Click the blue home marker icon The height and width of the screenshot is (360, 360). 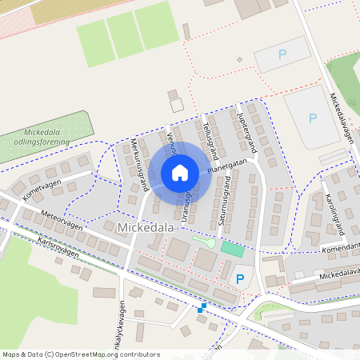point(180,173)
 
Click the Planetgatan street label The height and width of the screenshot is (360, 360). point(226,166)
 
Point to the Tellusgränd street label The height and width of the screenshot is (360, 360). point(210,137)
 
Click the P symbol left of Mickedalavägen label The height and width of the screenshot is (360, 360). point(312,118)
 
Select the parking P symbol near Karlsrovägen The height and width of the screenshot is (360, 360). point(240,279)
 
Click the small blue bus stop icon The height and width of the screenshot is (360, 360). point(202,307)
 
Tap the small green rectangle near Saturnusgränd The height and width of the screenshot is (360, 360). point(232,249)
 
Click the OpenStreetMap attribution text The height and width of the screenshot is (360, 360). point(81,354)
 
